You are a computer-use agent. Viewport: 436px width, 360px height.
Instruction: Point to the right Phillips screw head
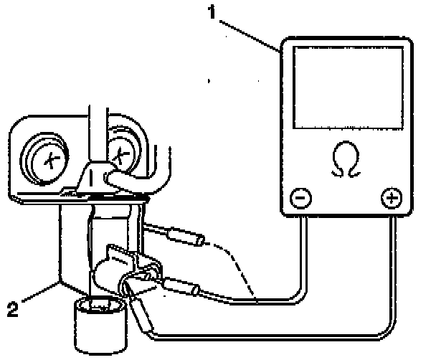(120, 151)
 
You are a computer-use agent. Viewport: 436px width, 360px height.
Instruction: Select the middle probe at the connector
(183, 290)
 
